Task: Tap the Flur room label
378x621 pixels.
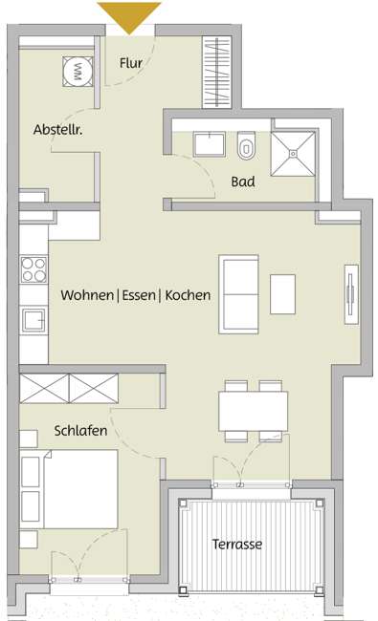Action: [x=130, y=63]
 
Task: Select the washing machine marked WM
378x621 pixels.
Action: [x=78, y=70]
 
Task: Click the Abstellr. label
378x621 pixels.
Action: [x=57, y=129]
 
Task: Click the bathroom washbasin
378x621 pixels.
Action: [x=208, y=144]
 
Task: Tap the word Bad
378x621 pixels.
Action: [x=243, y=181]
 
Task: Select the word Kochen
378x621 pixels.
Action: [x=188, y=295]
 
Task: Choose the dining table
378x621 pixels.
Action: [x=253, y=411]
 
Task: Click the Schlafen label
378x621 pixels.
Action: [x=80, y=431]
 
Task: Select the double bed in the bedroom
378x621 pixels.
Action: [x=68, y=487]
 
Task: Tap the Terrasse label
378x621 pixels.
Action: [x=236, y=545]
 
